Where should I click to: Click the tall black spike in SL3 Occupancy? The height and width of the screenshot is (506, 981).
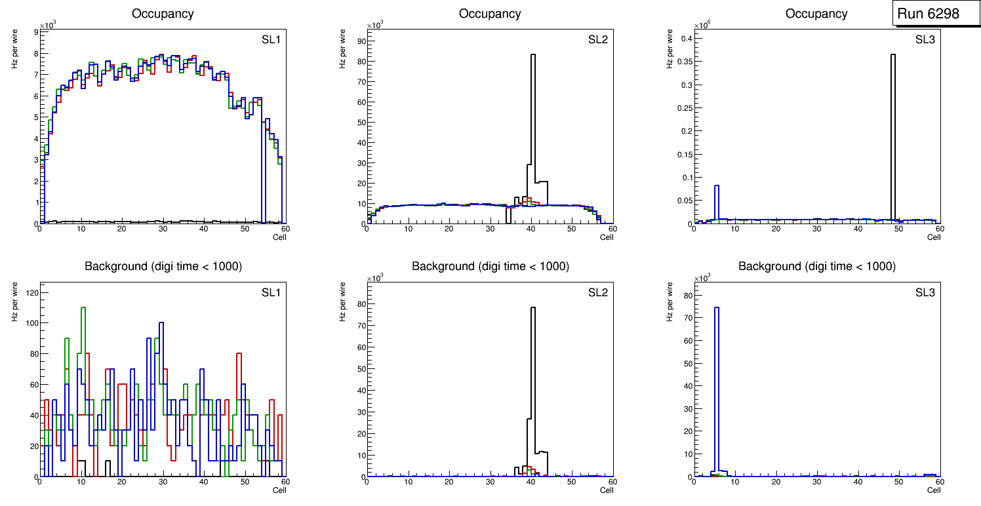click(x=892, y=131)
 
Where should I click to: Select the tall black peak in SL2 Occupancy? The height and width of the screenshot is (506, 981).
click(x=532, y=118)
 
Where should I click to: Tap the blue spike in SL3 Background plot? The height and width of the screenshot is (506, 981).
click(x=717, y=393)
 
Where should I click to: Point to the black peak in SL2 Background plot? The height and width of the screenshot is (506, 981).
click(x=532, y=380)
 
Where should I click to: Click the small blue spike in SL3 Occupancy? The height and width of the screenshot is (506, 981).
click(x=717, y=203)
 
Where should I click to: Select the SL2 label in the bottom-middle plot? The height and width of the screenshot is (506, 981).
click(x=597, y=292)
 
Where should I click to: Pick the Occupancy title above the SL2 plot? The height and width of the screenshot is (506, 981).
click(x=490, y=14)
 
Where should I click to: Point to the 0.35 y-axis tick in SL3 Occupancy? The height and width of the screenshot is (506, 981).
click(x=682, y=62)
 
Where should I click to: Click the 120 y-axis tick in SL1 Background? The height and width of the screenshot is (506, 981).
click(x=30, y=292)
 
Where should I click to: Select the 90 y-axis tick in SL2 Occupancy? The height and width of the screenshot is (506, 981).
click(x=358, y=41)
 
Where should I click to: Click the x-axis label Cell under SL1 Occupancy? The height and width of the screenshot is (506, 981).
click(x=279, y=237)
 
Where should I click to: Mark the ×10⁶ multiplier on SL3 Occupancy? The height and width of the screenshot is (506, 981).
click(x=700, y=26)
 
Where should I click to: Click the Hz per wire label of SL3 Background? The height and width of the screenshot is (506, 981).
click(x=670, y=302)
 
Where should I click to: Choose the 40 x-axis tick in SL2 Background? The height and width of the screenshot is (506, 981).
click(x=531, y=482)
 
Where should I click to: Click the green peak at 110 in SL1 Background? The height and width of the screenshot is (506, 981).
click(x=83, y=307)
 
